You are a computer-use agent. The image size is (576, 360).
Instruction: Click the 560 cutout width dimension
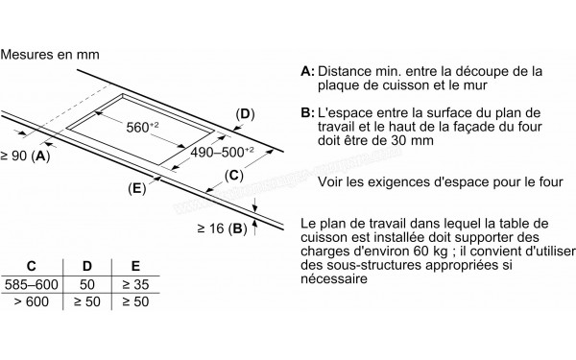(142, 127)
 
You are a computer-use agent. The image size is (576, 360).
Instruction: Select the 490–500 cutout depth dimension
(222, 152)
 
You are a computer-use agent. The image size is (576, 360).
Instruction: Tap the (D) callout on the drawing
(245, 114)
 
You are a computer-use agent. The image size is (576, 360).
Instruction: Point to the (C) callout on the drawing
(233, 176)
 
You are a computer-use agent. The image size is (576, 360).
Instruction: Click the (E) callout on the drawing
(137, 188)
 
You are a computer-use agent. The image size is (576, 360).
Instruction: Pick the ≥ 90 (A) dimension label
(25, 156)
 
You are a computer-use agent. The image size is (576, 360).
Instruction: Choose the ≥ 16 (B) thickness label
(223, 228)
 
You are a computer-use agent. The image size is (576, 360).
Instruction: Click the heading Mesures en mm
(50, 55)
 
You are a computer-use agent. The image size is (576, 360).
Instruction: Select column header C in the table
(32, 266)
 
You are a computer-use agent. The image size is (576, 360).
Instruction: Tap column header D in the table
(87, 266)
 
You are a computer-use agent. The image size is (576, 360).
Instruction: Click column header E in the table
(135, 266)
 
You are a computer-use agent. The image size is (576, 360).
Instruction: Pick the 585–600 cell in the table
(32, 284)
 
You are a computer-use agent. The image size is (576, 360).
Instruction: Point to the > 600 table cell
(32, 301)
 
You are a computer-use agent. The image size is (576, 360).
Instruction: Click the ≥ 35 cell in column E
(135, 284)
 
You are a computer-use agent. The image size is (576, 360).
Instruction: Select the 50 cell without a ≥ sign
(87, 284)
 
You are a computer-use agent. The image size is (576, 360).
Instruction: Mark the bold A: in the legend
(307, 71)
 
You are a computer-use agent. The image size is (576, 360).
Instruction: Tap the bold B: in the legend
(307, 112)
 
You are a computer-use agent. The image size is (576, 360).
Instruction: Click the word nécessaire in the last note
(334, 278)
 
